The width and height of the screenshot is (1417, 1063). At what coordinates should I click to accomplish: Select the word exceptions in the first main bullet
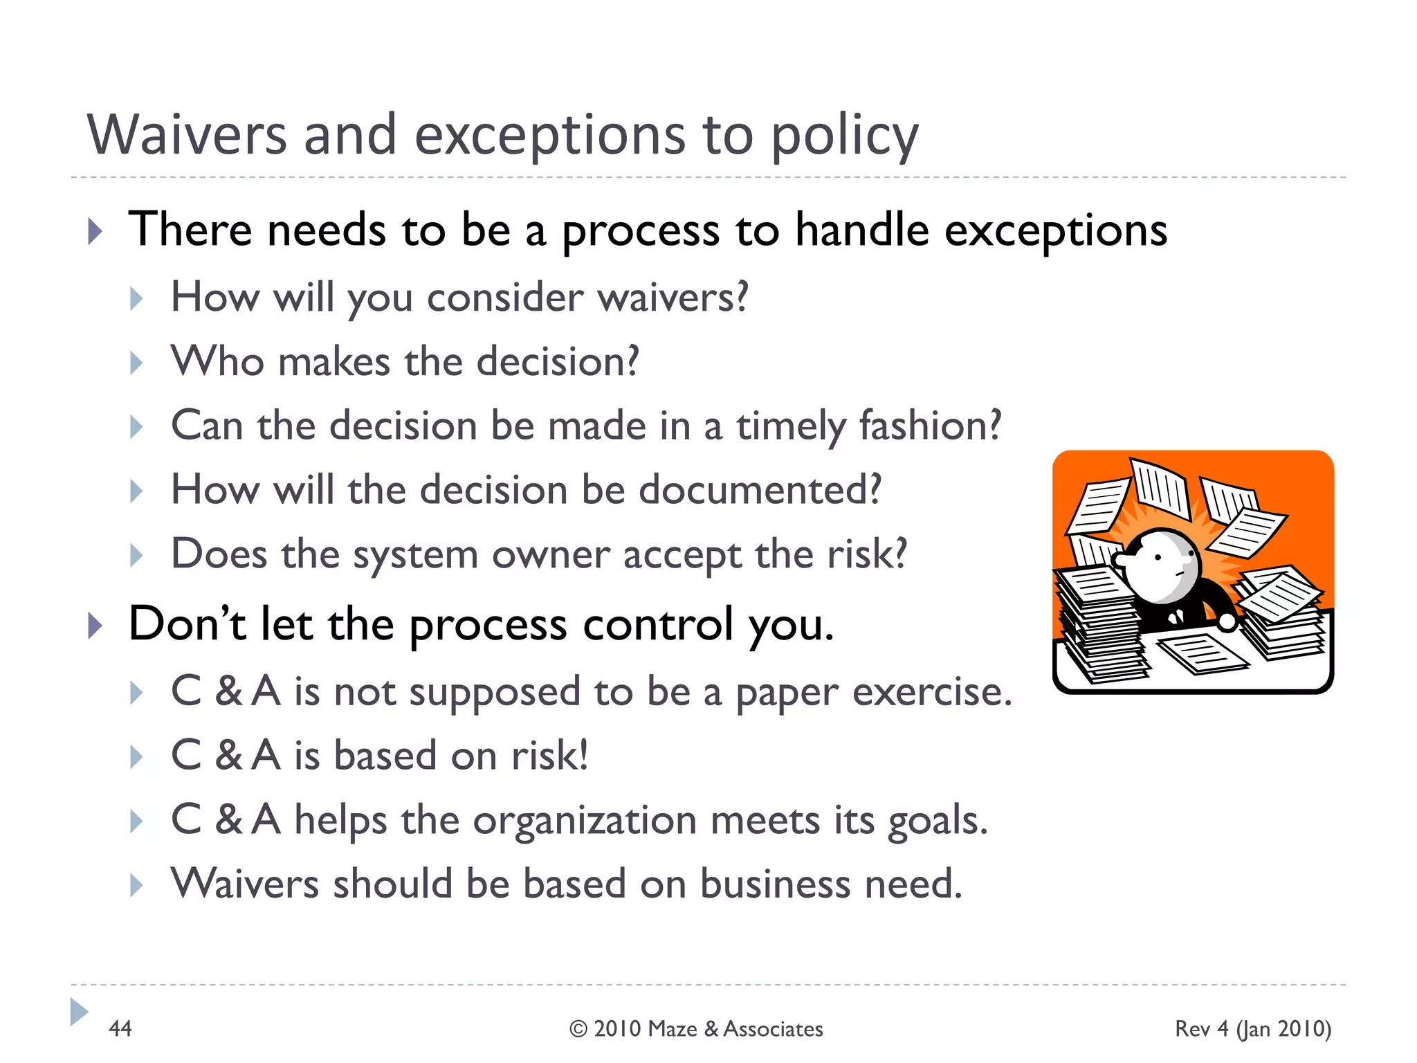pos(1056,230)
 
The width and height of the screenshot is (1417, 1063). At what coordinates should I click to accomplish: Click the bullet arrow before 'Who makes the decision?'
pos(136,363)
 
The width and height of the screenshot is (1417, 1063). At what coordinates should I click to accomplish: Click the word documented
pos(760,490)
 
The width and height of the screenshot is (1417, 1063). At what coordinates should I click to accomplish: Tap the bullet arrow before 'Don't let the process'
pos(95,626)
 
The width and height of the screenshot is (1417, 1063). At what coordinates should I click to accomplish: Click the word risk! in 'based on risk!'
pos(550,755)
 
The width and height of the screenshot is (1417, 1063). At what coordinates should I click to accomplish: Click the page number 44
pos(120,1028)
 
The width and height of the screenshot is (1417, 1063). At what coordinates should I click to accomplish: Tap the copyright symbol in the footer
pos(578,1029)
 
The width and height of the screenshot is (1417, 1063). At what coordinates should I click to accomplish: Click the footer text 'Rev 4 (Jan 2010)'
pos(1252,1028)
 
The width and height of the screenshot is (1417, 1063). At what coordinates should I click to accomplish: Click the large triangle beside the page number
pos(79,1012)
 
